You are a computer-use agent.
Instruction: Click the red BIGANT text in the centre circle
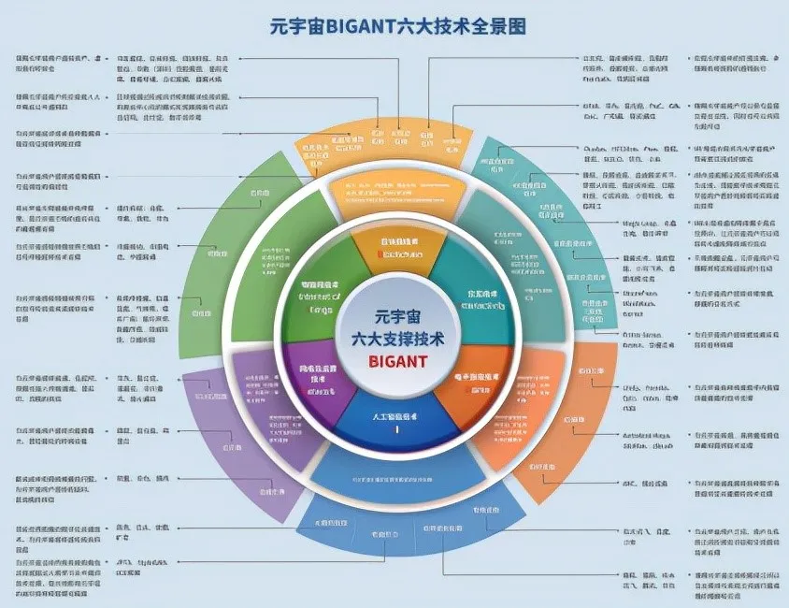tap(398, 360)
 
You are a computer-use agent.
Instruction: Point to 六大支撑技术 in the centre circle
tap(398, 338)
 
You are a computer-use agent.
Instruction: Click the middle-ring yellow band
tap(396, 192)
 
